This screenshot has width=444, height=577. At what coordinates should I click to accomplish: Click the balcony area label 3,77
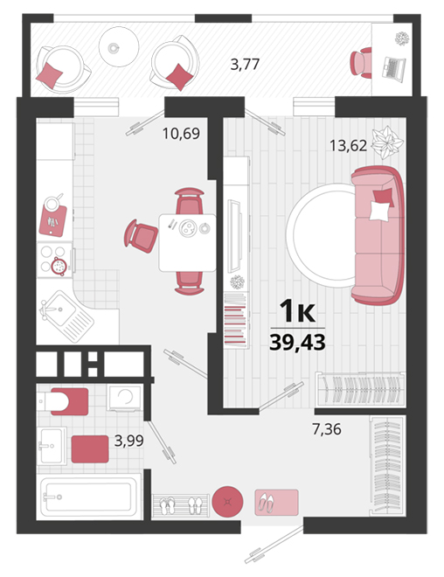(245, 65)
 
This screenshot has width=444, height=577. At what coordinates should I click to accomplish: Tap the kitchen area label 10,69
(181, 133)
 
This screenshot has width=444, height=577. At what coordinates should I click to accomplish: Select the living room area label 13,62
(348, 146)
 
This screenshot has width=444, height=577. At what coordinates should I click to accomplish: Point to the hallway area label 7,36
(327, 429)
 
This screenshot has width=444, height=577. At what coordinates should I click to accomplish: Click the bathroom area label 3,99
(128, 440)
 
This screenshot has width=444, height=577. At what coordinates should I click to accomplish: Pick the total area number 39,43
(297, 343)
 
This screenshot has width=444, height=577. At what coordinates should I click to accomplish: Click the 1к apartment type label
(297, 311)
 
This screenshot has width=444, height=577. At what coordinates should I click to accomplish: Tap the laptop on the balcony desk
(393, 67)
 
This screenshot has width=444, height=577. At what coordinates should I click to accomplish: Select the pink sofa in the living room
(378, 235)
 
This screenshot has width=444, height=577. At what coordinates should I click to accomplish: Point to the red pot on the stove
(59, 265)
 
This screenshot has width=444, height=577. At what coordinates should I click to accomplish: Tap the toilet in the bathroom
(63, 401)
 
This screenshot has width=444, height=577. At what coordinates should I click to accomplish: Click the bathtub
(88, 497)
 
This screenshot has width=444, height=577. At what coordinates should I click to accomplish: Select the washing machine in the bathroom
(124, 398)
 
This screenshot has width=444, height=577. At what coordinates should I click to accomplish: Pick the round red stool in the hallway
(228, 501)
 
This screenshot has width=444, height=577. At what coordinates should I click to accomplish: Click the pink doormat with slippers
(277, 503)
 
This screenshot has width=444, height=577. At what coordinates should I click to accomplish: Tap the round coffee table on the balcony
(119, 46)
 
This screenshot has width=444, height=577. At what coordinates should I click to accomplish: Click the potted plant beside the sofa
(387, 143)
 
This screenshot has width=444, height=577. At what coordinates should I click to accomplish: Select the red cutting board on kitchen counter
(53, 221)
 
